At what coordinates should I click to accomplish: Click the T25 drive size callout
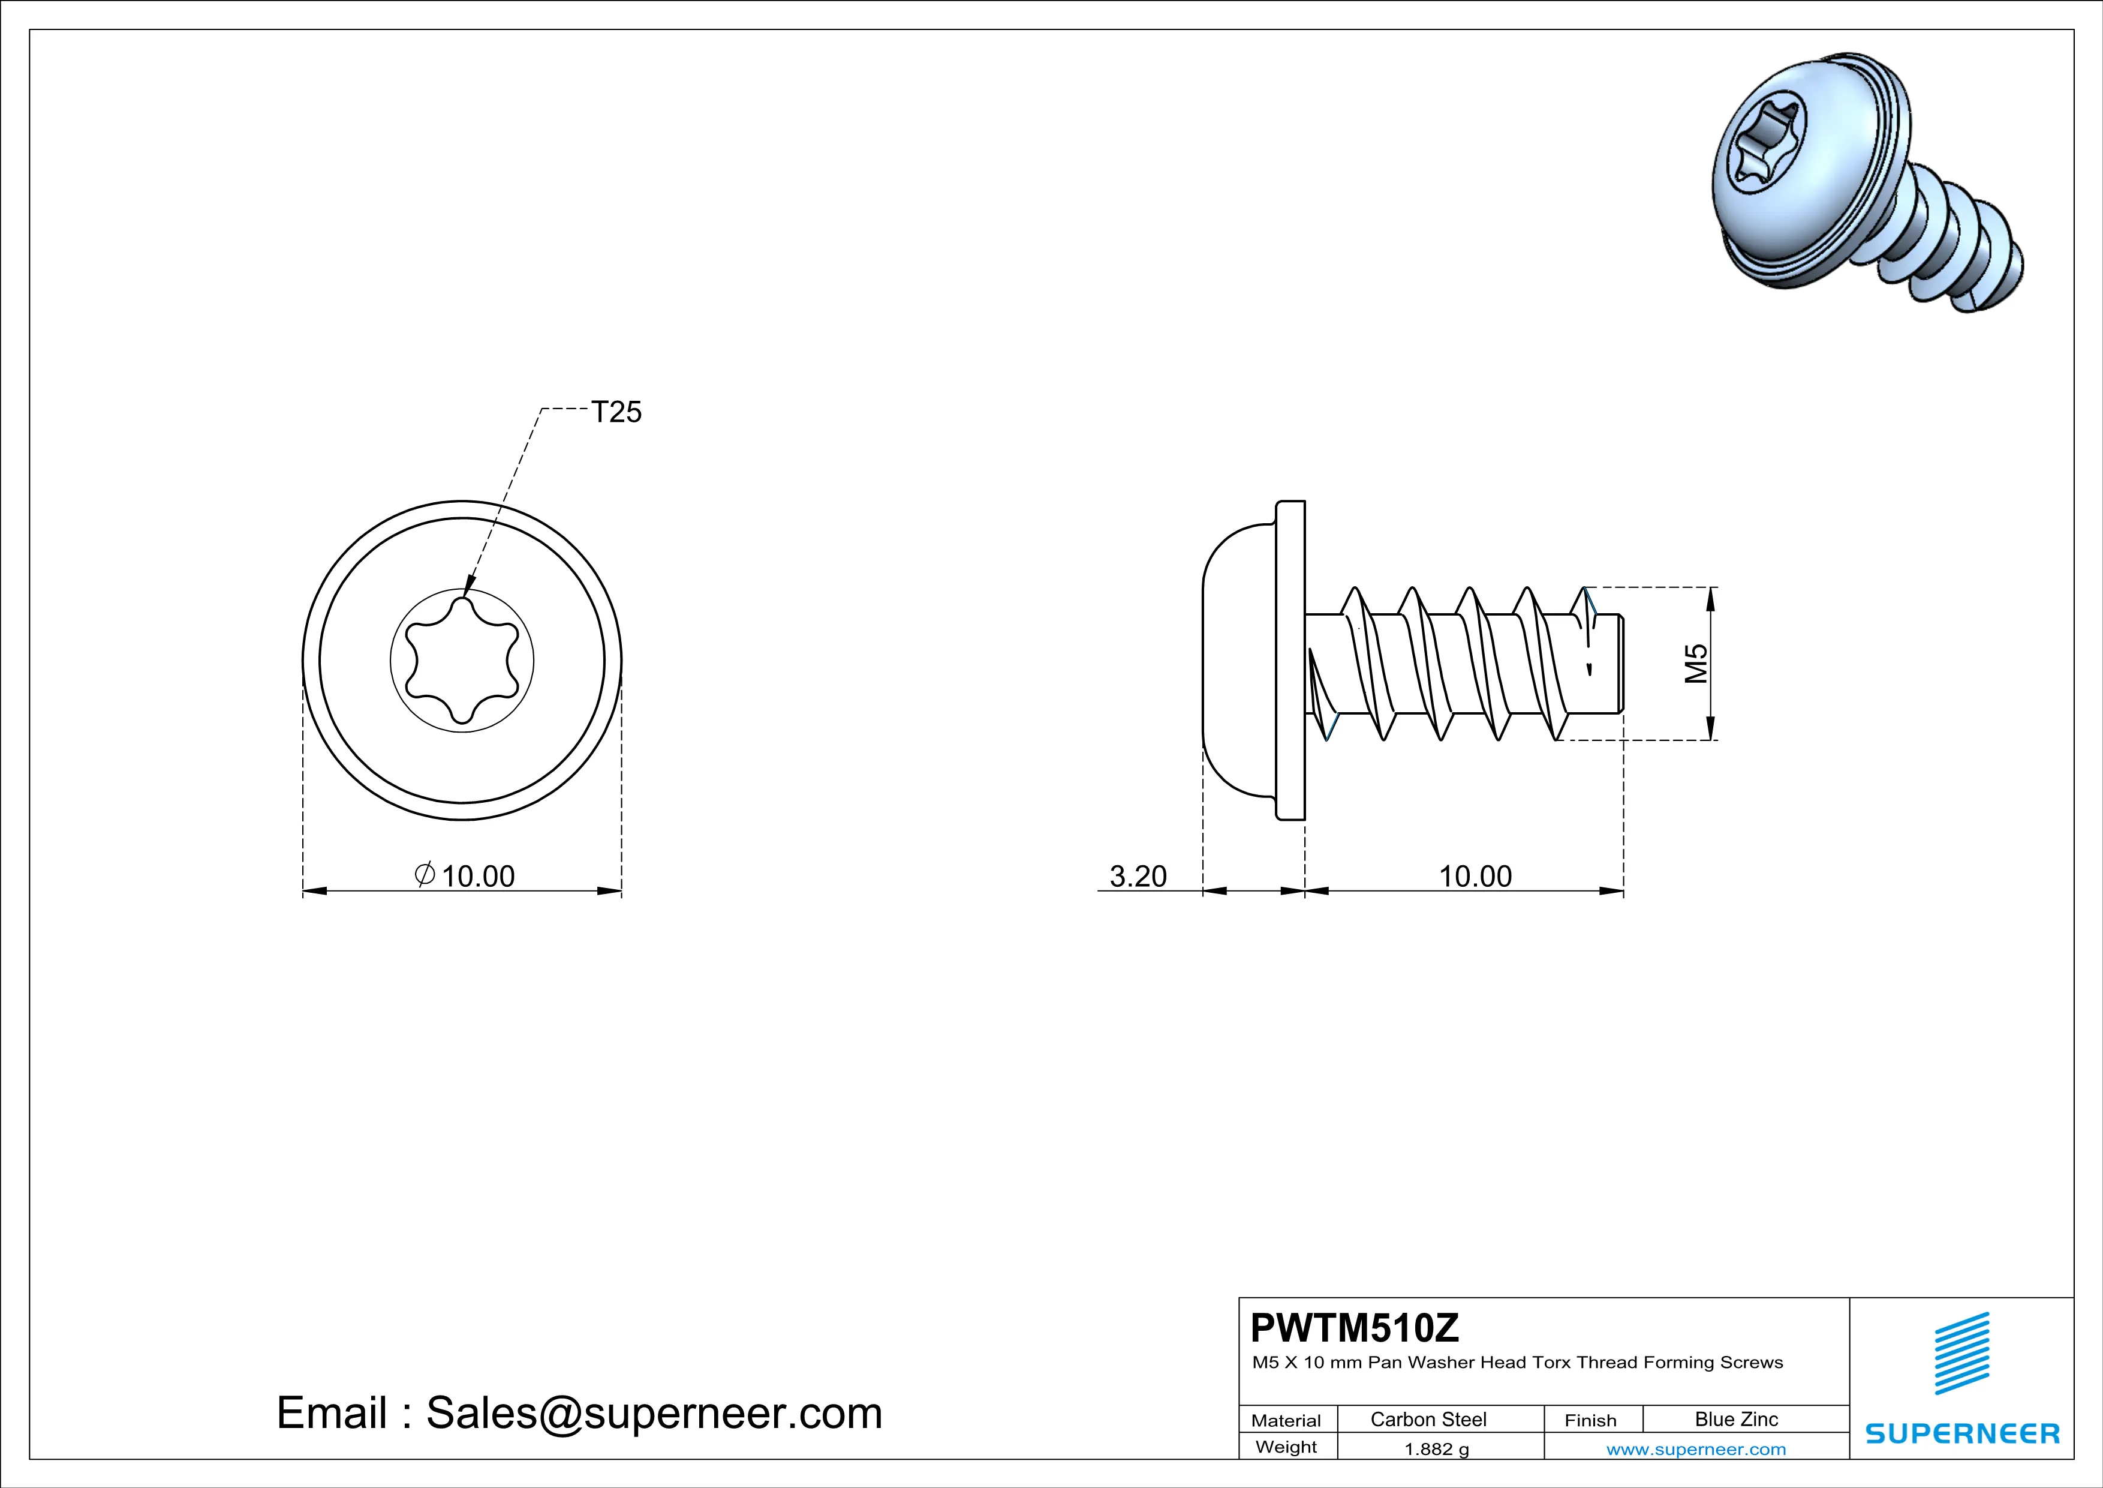tap(616, 412)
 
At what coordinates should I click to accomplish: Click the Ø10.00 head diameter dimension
tap(466, 876)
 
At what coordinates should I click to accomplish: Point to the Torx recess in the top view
tap(462, 661)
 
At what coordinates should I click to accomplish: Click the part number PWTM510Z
tap(1354, 1328)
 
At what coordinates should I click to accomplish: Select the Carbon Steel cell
tap(1428, 1419)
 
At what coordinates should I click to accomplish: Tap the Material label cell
tap(1286, 1420)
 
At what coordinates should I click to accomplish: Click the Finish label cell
tap(1590, 1420)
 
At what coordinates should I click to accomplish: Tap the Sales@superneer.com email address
tap(654, 1413)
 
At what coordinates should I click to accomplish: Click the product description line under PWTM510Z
tap(1517, 1363)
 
